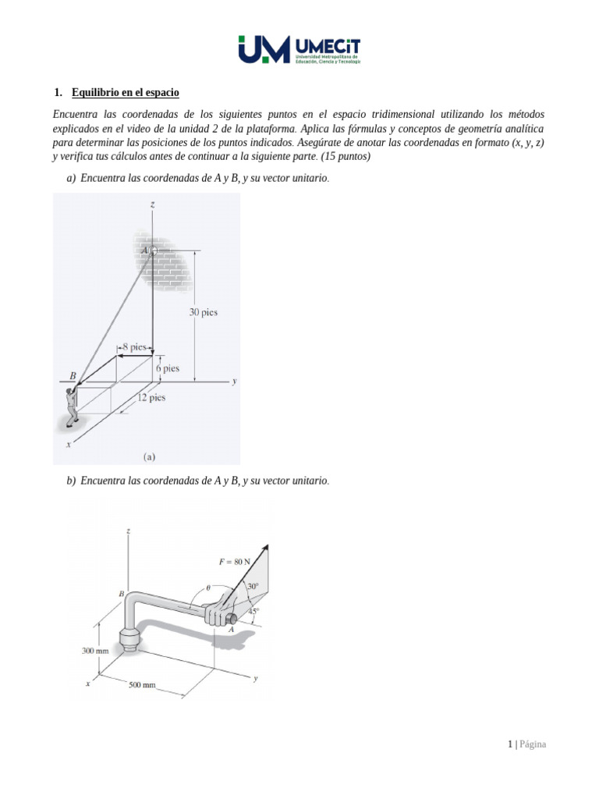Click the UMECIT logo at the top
[299, 49]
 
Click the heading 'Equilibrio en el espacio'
[125, 93]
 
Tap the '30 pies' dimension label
[204, 313]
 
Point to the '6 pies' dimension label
[168, 368]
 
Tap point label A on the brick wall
[144, 250]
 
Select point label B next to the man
[73, 375]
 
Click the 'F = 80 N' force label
[235, 561]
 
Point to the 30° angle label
[252, 586]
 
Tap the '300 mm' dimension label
[94, 649]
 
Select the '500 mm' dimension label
[143, 685]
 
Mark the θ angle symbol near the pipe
[207, 588]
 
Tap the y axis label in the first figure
[234, 382]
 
